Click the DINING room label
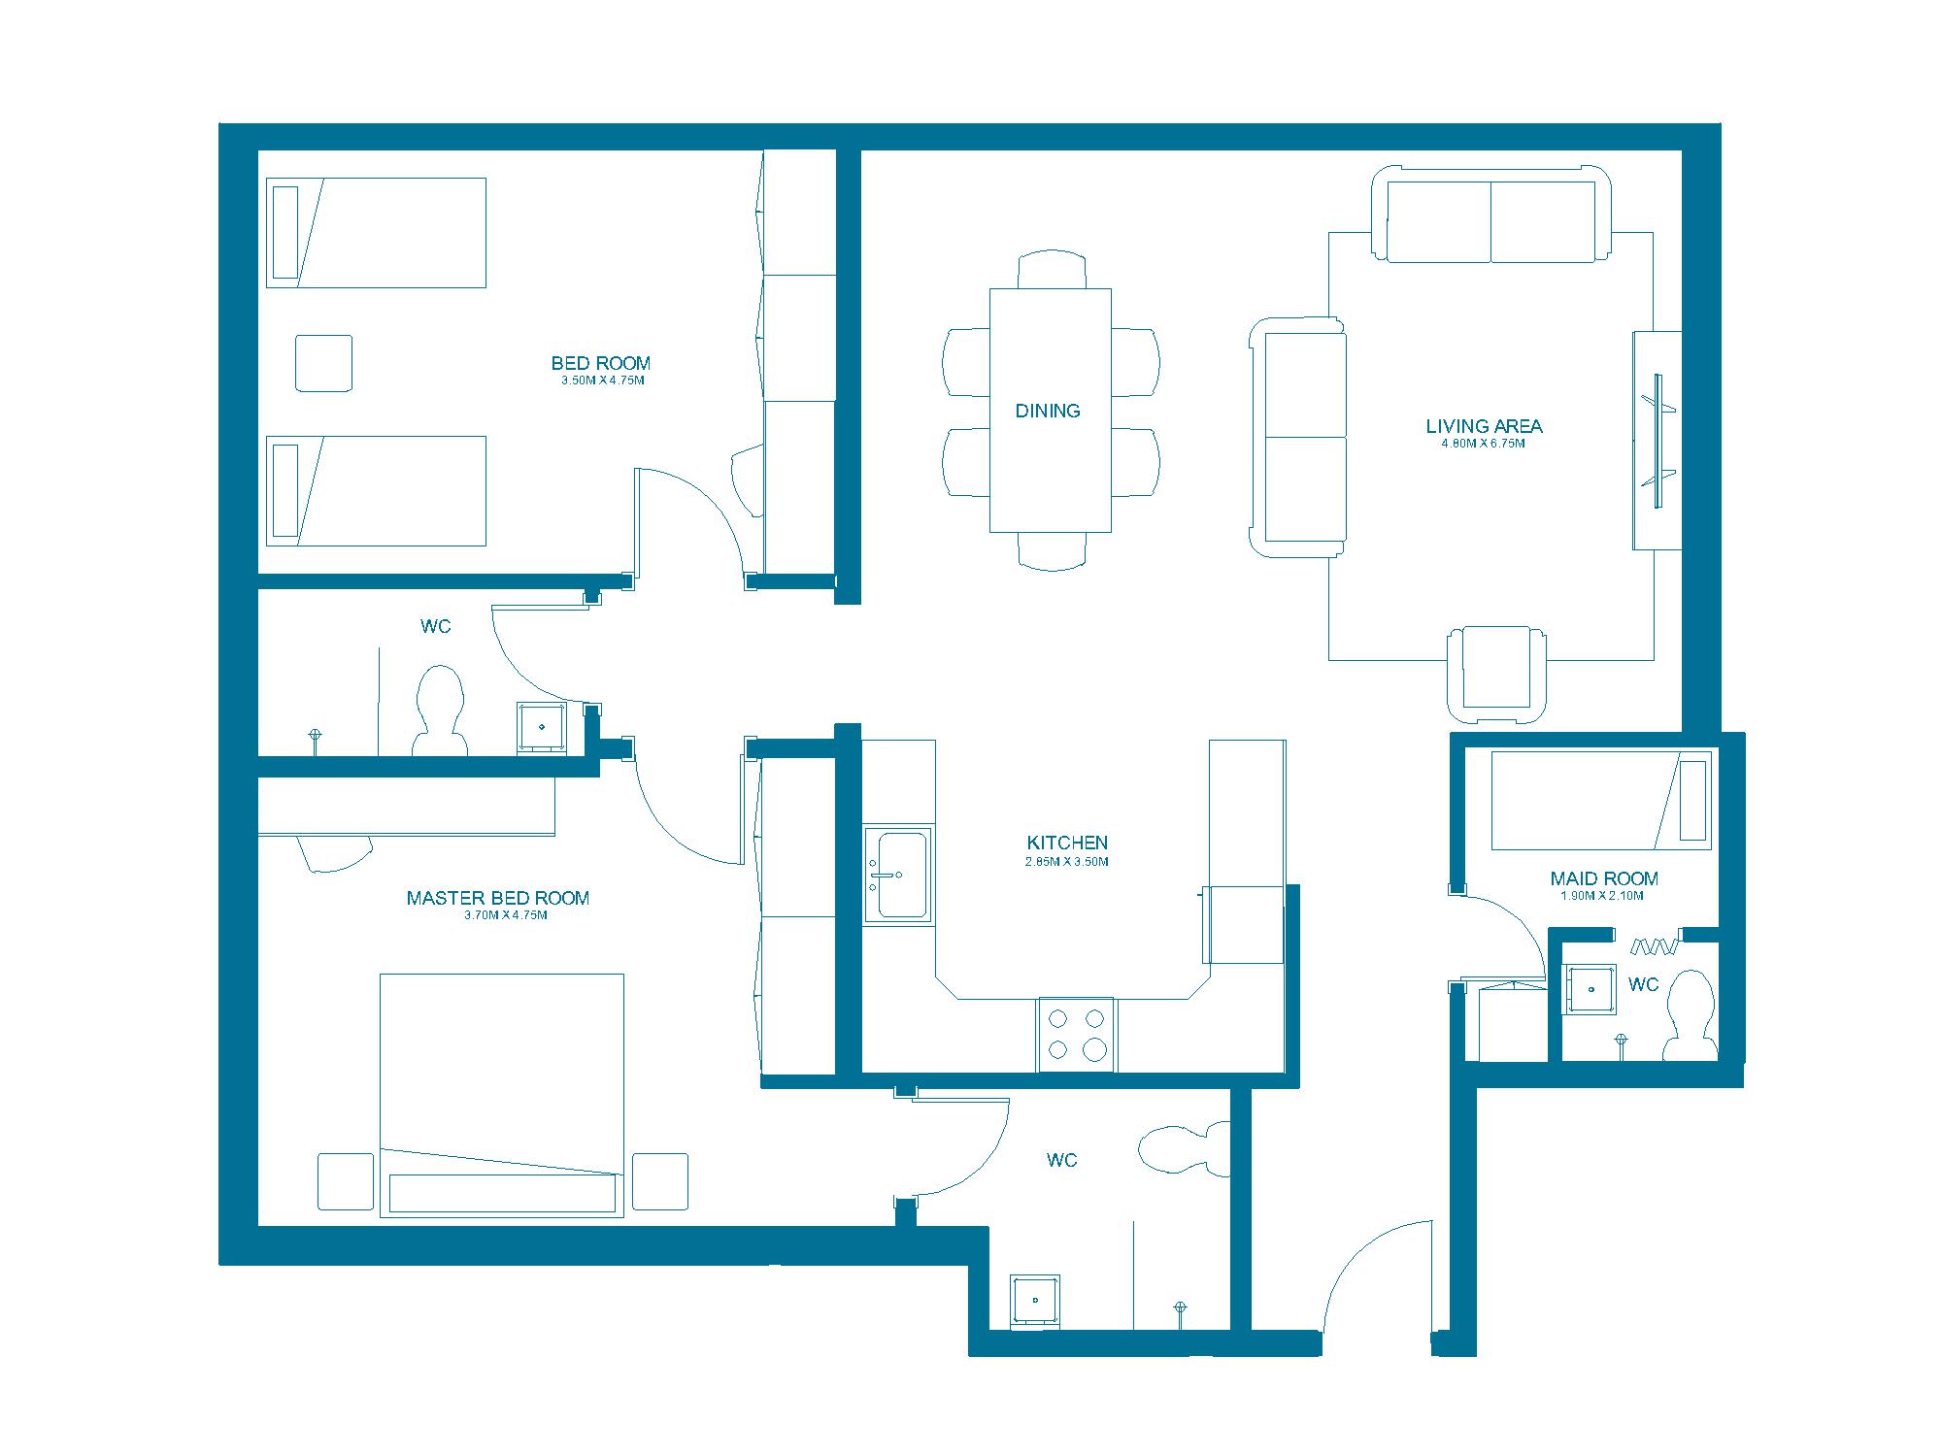[1048, 411]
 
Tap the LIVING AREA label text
[1484, 425]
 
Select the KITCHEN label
[1067, 843]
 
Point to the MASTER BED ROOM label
[498, 898]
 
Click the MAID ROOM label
[1604, 878]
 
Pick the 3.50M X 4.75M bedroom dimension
[602, 381]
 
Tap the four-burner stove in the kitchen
[1077, 1034]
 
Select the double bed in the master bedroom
[501, 1095]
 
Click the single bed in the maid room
[1601, 800]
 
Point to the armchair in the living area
[1496, 674]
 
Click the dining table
[1051, 410]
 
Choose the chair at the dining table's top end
[1052, 270]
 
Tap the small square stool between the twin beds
[323, 363]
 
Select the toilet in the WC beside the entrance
[1185, 1150]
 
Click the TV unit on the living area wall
[1657, 441]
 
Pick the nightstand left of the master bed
[346, 1181]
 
